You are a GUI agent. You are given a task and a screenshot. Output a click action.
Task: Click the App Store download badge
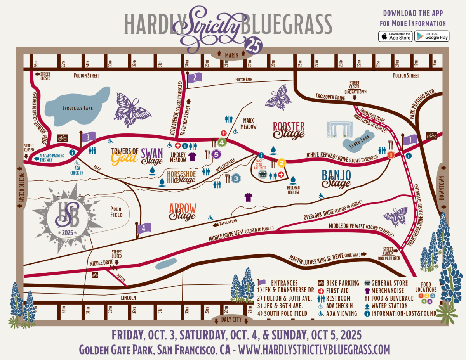pyautogui.click(x=395, y=36)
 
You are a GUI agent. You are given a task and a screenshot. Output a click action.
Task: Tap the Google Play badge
pyautogui.click(x=431, y=36)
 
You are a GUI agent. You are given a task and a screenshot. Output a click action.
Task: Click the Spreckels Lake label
pyautogui.click(x=78, y=108)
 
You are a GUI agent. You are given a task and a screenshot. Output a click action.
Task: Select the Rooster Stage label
pyautogui.click(x=289, y=130)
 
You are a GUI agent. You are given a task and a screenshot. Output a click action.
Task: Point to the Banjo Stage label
pyautogui.click(x=336, y=178)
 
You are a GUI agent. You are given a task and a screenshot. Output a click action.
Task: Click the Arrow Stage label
pyautogui.click(x=183, y=211)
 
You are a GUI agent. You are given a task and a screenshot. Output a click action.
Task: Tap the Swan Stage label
pyautogui.click(x=152, y=156)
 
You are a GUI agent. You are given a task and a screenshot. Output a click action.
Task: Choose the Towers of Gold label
pyautogui.click(x=125, y=155)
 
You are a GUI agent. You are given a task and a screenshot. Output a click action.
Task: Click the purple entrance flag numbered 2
pyautogui.click(x=195, y=78)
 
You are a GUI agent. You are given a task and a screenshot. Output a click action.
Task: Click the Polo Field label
pyautogui.click(x=116, y=212)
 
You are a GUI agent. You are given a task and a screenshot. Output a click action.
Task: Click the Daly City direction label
pyautogui.click(x=232, y=320)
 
